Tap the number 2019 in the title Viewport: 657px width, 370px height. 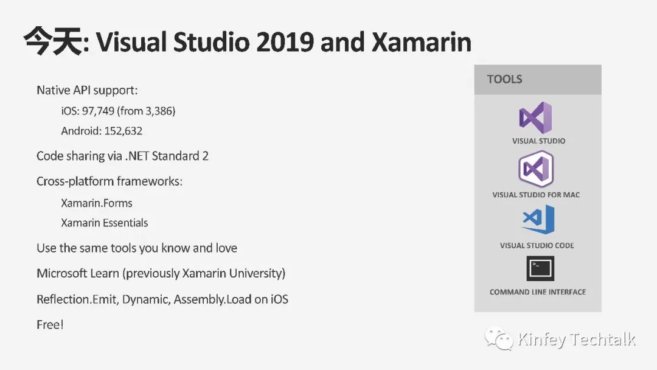tap(285, 42)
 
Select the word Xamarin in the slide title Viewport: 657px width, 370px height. tap(422, 42)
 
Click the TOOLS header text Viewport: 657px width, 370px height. tap(504, 79)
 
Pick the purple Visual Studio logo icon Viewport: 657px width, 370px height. tap(536, 117)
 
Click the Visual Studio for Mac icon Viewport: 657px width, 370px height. tap(536, 169)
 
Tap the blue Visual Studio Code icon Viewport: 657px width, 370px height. tap(538, 219)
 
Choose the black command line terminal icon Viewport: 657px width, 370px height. tap(540, 268)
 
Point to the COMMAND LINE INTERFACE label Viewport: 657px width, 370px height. tap(538, 292)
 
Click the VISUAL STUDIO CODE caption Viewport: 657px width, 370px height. tap(537, 245)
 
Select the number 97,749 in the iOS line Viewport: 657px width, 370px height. tap(98, 111)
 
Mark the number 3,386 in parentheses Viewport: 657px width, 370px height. tap(159, 111)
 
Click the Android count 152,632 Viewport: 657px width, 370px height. tap(123, 131)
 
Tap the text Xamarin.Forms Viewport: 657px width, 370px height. tap(97, 203)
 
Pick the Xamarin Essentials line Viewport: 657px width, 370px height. tap(105, 223)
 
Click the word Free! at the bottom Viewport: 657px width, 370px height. tap(50, 325)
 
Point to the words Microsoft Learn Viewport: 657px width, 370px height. tap(78, 274)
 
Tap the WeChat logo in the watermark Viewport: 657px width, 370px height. tap(499, 338)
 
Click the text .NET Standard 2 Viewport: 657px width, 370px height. tap(167, 156)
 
